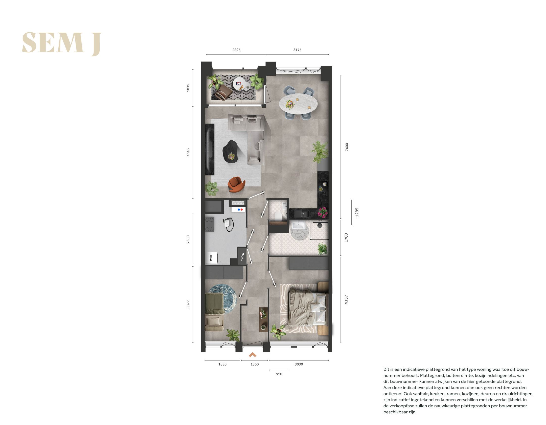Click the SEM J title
pos(62,43)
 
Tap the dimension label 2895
pos(236,50)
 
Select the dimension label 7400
pos(347,147)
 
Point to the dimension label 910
pos(279,374)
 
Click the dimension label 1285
pos(357,212)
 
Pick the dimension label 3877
pos(188,304)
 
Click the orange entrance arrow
pos(253,355)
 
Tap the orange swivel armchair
pos(236,184)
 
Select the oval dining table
pos(298,103)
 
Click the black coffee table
pos(230,152)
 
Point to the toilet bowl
pos(278,216)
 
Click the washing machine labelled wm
pos(211,258)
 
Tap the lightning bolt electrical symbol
pos(242,257)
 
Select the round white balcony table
pos(239,83)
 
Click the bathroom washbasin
pos(299,225)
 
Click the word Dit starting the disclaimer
pos(386,369)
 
